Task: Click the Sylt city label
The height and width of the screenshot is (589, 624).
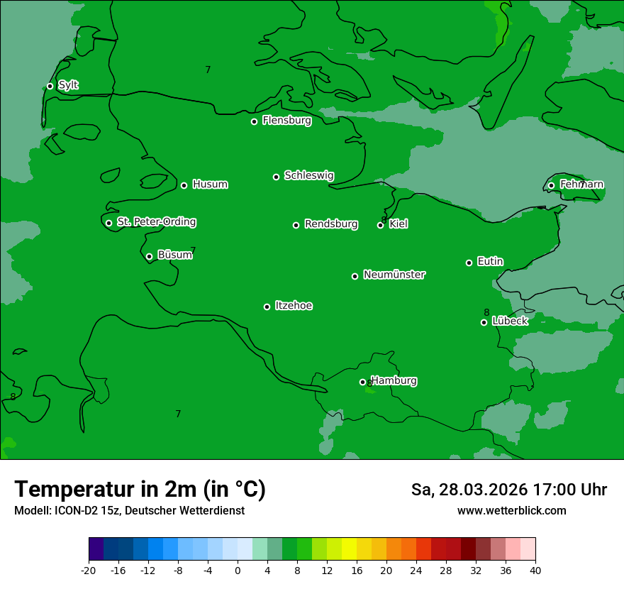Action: coord(68,85)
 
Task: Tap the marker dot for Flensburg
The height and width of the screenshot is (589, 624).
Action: coord(254,121)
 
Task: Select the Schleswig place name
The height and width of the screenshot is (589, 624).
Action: coord(308,175)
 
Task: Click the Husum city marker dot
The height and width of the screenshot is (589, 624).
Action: coord(184,185)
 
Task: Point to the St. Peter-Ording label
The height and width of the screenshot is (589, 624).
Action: coord(156,222)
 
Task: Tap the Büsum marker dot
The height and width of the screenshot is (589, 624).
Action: coord(149,257)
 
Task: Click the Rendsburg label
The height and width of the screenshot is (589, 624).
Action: coord(331,224)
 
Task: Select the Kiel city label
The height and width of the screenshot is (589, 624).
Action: coord(399,224)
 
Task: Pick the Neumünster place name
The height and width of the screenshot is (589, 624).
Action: coord(394,275)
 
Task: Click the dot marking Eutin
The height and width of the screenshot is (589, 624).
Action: coord(469,263)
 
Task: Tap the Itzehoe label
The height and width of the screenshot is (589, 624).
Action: coord(294,306)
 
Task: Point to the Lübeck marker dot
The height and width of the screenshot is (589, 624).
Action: coord(484,322)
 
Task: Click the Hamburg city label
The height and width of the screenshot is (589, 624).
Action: coord(394,381)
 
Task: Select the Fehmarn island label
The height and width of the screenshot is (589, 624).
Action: coord(581,185)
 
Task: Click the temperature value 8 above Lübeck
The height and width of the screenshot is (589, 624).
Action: coord(486,312)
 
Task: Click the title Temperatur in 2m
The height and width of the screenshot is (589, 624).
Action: coord(140,489)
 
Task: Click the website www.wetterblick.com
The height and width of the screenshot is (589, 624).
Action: coord(511,510)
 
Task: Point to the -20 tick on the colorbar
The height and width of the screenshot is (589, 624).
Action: coord(89,571)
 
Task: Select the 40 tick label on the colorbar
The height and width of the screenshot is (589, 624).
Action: coord(535,571)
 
